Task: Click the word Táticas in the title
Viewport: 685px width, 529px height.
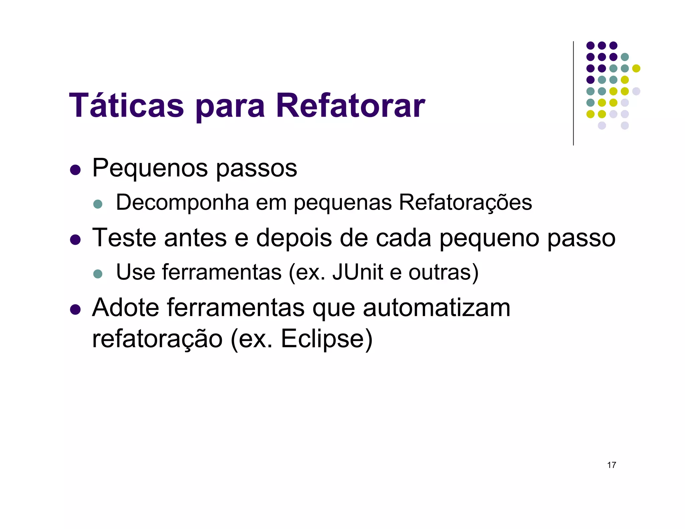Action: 126,106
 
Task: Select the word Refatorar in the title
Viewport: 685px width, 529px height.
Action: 350,106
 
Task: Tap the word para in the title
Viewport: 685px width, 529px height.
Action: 230,107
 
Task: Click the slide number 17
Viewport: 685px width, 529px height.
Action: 611,465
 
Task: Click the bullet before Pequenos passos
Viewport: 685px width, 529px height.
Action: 76,170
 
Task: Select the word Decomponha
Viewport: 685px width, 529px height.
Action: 182,203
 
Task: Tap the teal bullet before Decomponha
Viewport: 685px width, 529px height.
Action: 98,204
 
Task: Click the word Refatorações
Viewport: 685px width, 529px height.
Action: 465,203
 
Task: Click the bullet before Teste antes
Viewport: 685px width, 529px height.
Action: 76,240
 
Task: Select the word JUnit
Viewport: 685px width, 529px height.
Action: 358,272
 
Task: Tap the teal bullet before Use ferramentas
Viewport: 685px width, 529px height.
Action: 98,274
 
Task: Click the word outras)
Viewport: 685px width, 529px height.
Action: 444,273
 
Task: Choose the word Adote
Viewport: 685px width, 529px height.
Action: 125,307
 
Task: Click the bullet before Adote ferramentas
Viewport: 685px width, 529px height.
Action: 76,310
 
